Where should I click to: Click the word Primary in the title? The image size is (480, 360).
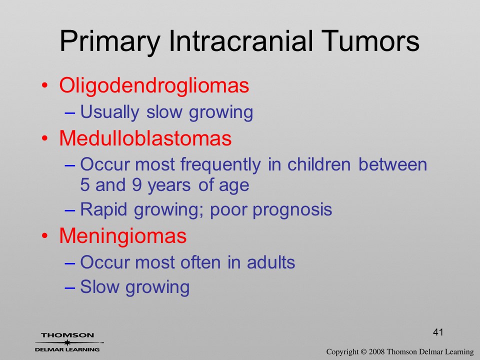(x=110, y=41)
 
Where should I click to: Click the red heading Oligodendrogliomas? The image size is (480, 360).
(x=154, y=85)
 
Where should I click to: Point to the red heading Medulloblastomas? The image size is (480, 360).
(x=145, y=138)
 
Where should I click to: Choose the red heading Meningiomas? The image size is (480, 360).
(x=123, y=236)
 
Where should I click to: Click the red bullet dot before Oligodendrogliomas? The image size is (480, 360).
(x=44, y=85)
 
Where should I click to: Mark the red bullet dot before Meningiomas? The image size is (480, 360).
(x=44, y=236)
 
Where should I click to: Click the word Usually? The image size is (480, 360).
(x=109, y=112)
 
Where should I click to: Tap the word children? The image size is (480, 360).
(x=318, y=164)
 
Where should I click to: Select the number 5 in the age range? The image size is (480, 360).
(x=84, y=185)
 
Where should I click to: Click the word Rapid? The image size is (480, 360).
(x=103, y=209)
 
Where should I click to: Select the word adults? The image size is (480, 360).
(x=271, y=262)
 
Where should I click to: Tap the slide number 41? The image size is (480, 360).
(x=438, y=332)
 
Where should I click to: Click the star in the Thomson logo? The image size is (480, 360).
(x=67, y=342)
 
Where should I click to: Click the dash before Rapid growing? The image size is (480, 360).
(x=70, y=210)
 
